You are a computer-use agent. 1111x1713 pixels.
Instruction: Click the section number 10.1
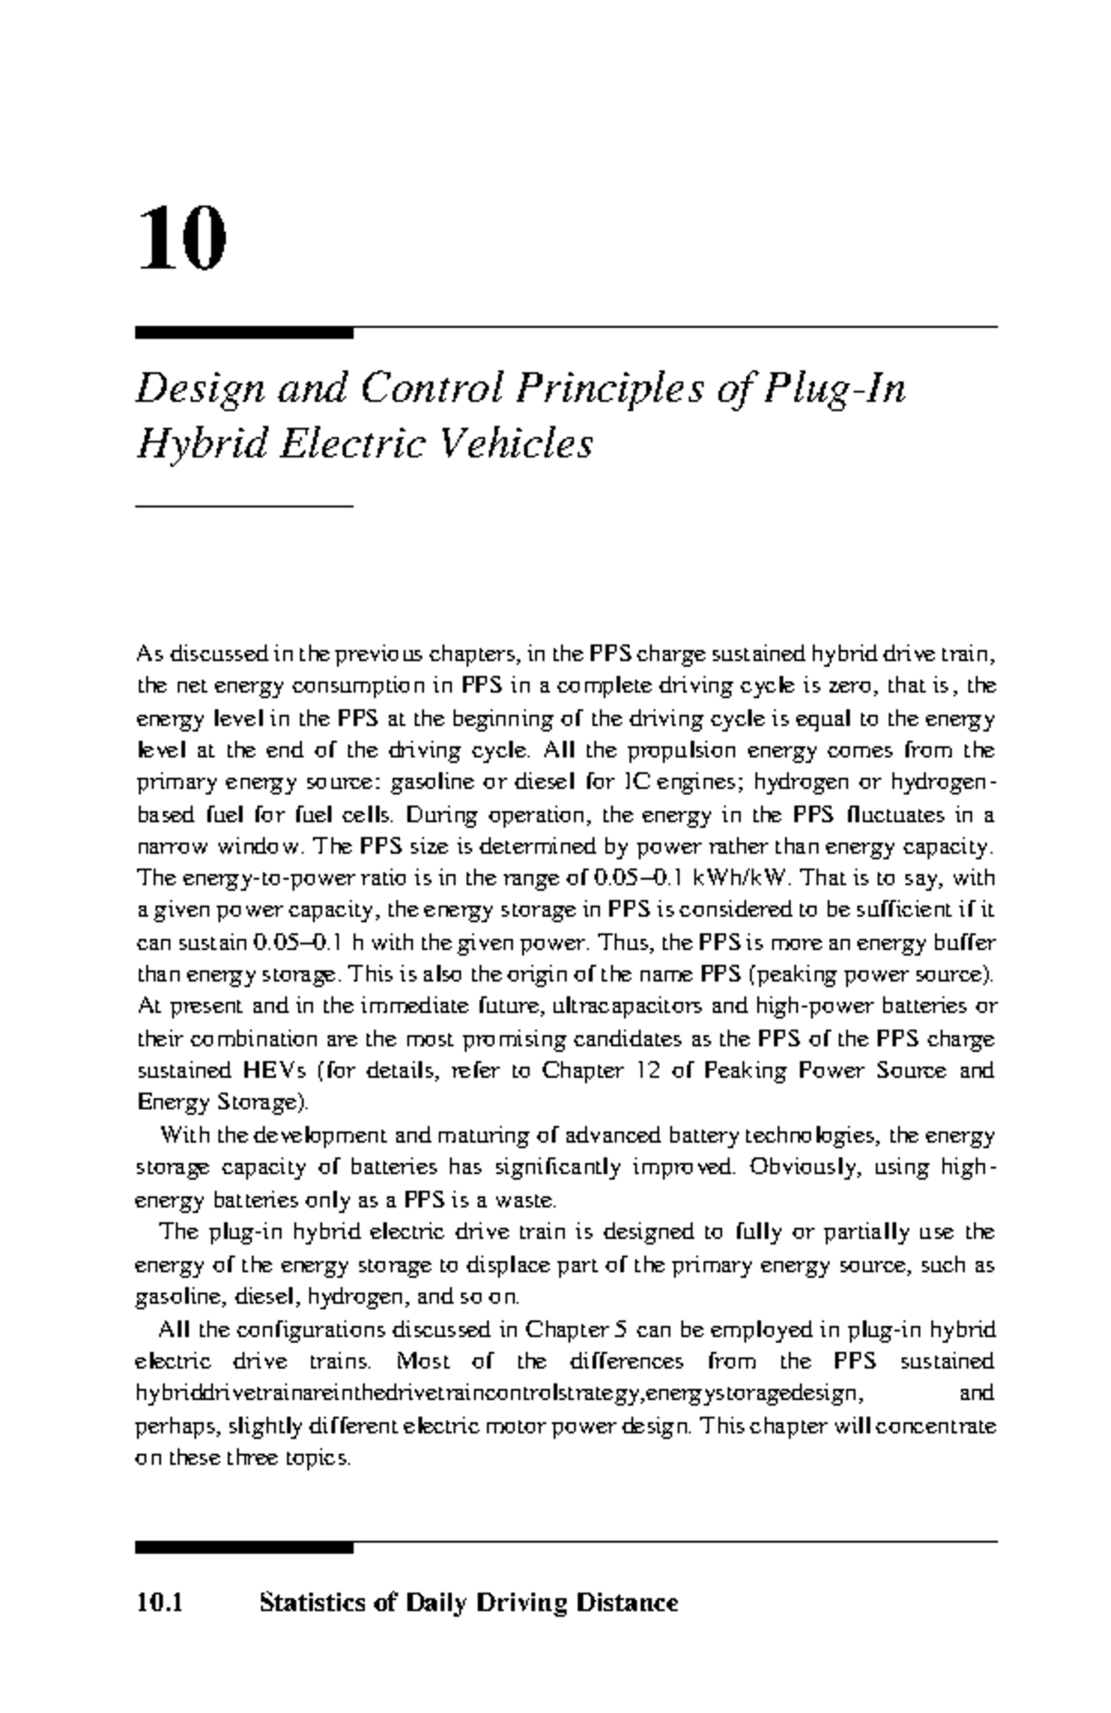[159, 1603]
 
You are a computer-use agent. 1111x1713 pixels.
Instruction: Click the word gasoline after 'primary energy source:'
[428, 782]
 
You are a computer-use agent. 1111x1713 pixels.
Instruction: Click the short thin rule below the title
[244, 506]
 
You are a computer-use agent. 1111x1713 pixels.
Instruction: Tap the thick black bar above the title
[244, 331]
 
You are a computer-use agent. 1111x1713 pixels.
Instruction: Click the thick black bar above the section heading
[244, 1547]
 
